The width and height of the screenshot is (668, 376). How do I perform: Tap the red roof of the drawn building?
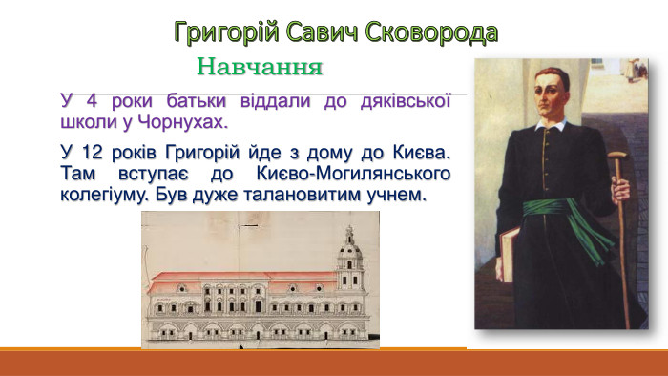point(239,281)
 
